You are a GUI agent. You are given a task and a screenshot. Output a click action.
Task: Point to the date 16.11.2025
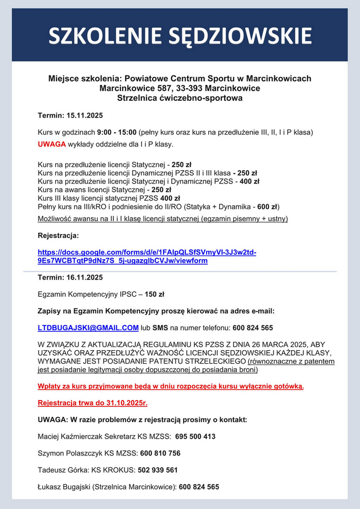coord(85,277)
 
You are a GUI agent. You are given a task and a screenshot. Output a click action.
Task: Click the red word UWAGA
coord(51,143)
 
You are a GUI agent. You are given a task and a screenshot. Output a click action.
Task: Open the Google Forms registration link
coord(147,257)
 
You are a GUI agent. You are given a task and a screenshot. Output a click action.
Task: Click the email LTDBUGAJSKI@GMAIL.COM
coord(88,328)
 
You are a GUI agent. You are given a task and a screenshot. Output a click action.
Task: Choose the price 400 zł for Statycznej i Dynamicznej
coord(249,181)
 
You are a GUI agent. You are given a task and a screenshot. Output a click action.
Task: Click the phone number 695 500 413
coord(195,437)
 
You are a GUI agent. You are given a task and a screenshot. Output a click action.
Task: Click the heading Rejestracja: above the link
coord(59,235)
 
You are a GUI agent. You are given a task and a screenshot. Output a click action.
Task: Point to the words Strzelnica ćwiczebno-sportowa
coord(180,98)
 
